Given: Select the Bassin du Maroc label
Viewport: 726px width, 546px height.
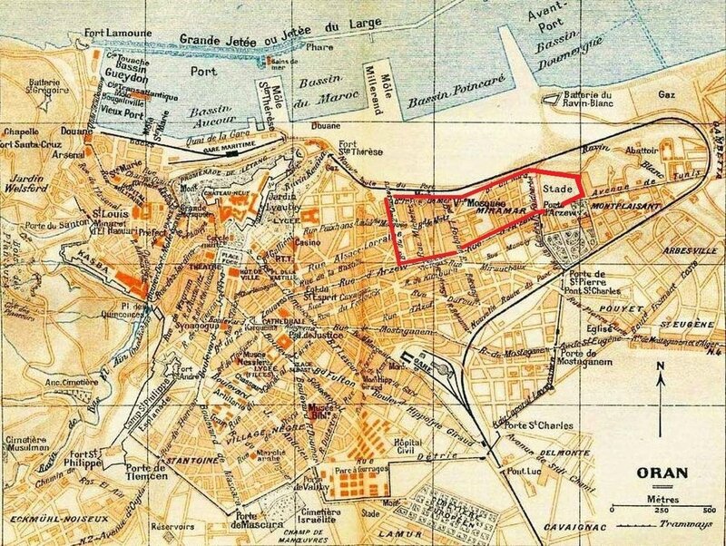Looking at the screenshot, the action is [x=349, y=92].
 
